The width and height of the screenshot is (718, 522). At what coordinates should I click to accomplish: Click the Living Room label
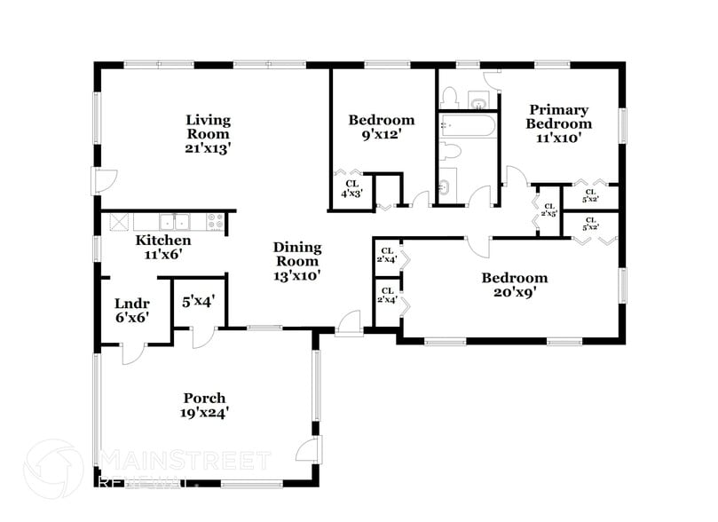click(208, 134)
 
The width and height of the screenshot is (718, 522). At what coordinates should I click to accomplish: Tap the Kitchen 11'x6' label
click(162, 248)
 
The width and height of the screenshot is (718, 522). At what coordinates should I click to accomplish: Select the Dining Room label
click(296, 261)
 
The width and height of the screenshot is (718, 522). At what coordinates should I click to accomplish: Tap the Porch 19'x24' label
click(204, 405)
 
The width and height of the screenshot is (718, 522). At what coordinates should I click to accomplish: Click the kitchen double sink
click(175, 221)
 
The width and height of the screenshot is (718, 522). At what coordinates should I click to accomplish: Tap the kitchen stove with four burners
click(214, 221)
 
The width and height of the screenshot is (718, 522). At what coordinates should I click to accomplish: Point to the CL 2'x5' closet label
click(548, 210)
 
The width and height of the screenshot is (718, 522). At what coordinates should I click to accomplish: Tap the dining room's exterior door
click(348, 323)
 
